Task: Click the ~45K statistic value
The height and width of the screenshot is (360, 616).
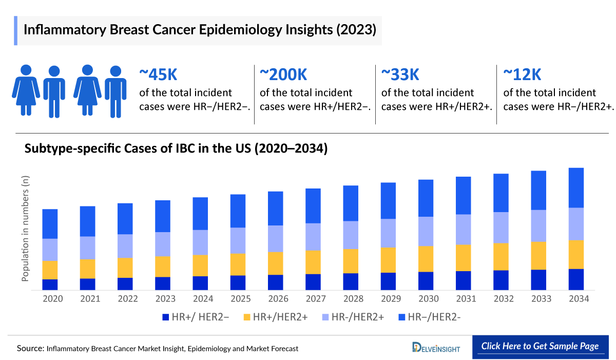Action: (158, 75)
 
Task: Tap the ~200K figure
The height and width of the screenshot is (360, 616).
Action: (283, 75)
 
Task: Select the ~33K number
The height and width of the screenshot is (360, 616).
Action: (400, 75)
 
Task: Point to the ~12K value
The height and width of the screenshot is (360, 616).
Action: (522, 75)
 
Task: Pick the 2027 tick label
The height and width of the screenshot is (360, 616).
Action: (315, 298)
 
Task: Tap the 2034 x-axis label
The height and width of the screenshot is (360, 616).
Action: (579, 298)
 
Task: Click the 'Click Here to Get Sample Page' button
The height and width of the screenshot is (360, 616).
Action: (540, 346)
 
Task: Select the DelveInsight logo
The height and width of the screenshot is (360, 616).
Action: (436, 348)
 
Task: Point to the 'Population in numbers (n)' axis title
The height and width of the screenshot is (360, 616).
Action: (25, 228)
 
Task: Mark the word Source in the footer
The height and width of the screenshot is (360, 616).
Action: (30, 348)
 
